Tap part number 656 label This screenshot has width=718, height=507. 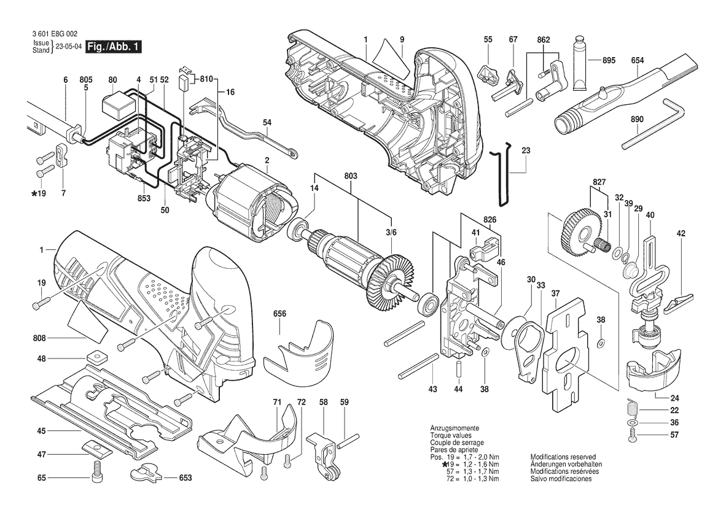279,314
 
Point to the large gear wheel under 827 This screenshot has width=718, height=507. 578,231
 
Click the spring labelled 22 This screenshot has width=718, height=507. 631,406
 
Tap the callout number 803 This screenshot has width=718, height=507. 350,176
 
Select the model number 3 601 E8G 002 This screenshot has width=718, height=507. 55,34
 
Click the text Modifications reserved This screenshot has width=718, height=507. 563,457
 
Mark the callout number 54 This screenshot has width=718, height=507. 267,122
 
